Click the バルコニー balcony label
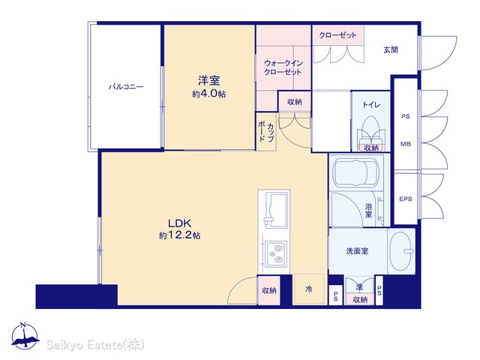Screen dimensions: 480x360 pyautogui.click(x=126, y=87)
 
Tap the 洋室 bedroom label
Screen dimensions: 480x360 pyautogui.click(x=208, y=81)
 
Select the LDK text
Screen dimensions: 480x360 pyautogui.click(x=179, y=223)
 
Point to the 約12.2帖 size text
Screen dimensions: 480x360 pyautogui.click(x=180, y=235)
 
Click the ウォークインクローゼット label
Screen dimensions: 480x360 pyautogui.click(x=283, y=67)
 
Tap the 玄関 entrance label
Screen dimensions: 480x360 pyautogui.click(x=391, y=49)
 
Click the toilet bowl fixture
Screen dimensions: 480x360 pyautogui.click(x=371, y=130)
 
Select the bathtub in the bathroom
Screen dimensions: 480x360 pyautogui.click(x=356, y=172)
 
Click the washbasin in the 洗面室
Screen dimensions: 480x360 pyautogui.click(x=401, y=251)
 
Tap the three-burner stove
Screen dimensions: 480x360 pyautogui.click(x=276, y=253)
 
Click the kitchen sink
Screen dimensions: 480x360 pyautogui.click(x=276, y=210)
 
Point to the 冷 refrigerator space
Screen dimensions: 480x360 pyautogui.click(x=308, y=289)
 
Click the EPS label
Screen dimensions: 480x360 pyautogui.click(x=406, y=199)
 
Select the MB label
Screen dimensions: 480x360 pyautogui.click(x=406, y=144)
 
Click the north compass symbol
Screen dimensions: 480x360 pyautogui.click(x=25, y=336)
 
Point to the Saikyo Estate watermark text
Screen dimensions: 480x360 pyautogui.click(x=95, y=345)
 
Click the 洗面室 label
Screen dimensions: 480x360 pyautogui.click(x=357, y=251)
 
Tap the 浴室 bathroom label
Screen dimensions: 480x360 pyautogui.click(x=368, y=210)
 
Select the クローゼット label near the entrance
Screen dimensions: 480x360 pyautogui.click(x=338, y=35)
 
